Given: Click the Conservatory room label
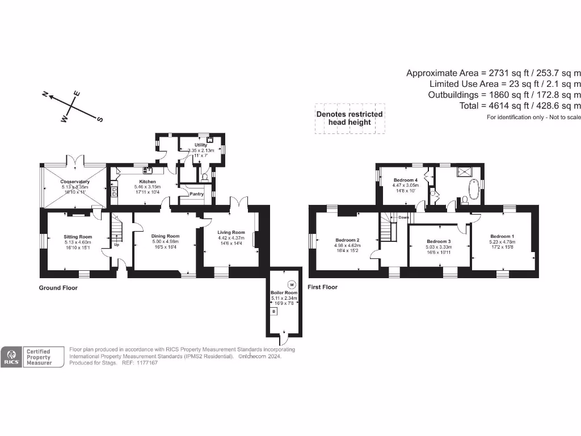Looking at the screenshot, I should click(75, 182).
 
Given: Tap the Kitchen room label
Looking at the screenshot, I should click(145, 182).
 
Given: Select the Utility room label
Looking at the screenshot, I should click(201, 145).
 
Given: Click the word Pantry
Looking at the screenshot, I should click(196, 194).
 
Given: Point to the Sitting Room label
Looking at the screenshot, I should click(78, 237).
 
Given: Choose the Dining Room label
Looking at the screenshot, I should click(165, 236).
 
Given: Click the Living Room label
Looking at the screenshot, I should click(231, 232).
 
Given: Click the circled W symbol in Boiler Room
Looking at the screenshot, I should click(292, 284).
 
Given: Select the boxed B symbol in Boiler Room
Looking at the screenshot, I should click(274, 312).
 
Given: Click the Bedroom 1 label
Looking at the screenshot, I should click(502, 236).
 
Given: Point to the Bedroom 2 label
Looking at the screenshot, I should click(347, 240).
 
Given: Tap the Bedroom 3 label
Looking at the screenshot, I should click(439, 241).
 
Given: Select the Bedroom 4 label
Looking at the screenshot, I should click(406, 180).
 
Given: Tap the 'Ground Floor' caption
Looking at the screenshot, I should click(58, 288).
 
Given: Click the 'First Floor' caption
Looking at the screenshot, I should click(322, 287).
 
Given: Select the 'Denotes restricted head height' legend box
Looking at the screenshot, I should click(350, 118).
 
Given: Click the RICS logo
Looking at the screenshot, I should click(11, 357).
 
